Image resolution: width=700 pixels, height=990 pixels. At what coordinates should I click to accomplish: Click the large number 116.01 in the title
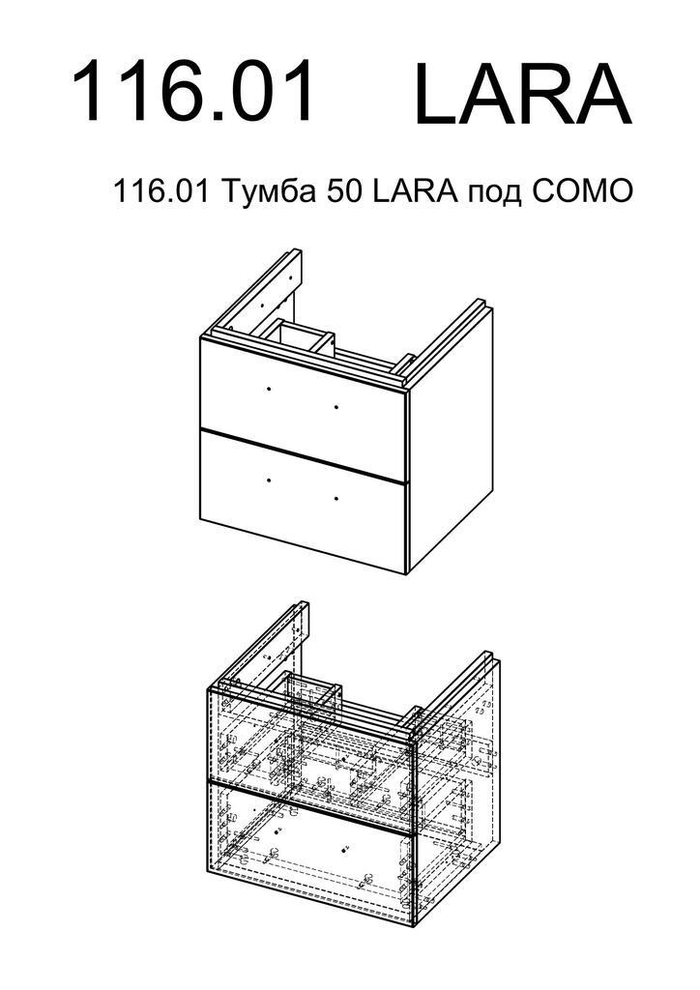tap(192, 91)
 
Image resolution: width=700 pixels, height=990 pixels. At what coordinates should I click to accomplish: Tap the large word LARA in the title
tap(523, 94)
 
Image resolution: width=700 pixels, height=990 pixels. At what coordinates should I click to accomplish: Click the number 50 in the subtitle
tap(344, 192)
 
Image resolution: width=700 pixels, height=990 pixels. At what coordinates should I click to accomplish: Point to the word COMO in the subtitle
tap(581, 192)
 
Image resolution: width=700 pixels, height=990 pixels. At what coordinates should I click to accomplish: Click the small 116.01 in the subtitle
tap(160, 192)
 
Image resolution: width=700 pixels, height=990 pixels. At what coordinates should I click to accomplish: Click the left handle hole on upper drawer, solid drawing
tap(269, 389)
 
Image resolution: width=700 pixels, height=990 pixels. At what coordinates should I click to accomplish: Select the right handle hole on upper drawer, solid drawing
tap(336, 407)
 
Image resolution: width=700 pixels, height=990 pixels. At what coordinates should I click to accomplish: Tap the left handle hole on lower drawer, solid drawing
tap(269, 480)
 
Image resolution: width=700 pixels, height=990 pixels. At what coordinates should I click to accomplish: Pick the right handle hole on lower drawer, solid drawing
tap(336, 499)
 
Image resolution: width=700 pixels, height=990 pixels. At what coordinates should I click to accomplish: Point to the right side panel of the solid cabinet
tap(451, 442)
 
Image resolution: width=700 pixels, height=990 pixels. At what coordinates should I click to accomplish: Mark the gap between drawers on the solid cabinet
tap(303, 456)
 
